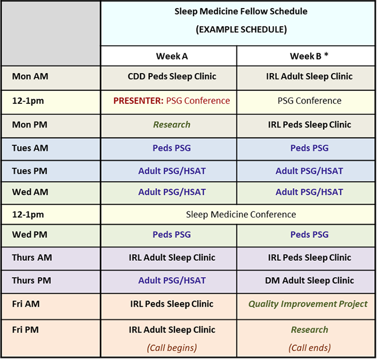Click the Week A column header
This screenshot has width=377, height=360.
pos(172,56)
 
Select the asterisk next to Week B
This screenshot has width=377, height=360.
pos(326,54)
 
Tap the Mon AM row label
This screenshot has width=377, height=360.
pos(30,76)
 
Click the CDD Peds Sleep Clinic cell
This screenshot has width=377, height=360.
pos(172,76)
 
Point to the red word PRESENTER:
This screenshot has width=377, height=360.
pos(138,101)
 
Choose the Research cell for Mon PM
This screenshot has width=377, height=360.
pos(172,125)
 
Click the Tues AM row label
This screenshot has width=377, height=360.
pos(30,148)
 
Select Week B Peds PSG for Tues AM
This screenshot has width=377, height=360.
pos(310,148)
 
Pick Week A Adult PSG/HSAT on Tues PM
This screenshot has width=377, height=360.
pos(172,171)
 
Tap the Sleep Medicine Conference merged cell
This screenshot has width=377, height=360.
pos(241,215)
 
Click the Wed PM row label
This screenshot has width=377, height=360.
pos(30,235)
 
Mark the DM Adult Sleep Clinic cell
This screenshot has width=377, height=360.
pos(310,280)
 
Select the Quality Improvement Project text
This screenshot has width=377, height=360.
pos(308,304)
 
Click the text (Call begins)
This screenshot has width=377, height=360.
pos(172,348)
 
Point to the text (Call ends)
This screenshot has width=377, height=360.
pos(310,348)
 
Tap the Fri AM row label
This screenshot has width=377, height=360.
pos(26,304)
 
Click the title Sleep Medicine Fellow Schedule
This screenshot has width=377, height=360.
pos(241,11)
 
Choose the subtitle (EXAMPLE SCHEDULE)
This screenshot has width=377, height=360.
pos(241,30)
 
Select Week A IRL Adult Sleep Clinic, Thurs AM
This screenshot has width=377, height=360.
pos(172,257)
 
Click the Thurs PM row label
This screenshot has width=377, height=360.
pos(31,280)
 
